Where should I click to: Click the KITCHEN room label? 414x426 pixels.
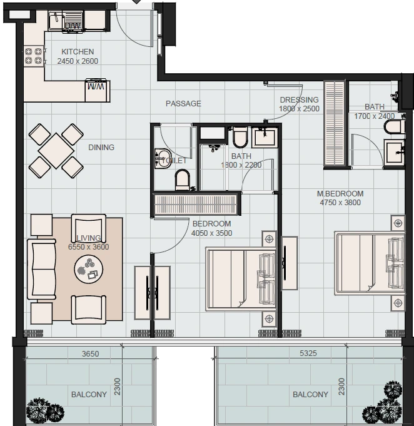point(78,52)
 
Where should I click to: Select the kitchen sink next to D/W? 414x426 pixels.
point(56,21)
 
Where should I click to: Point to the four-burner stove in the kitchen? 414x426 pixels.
point(34,56)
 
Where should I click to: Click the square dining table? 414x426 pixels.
point(56,151)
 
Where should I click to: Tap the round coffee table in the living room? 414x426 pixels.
point(89,269)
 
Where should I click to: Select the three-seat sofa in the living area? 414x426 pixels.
point(41,269)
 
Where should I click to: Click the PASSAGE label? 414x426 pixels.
point(183,103)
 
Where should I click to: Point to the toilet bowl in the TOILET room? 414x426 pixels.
point(182,180)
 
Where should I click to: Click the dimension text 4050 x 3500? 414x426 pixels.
point(211,233)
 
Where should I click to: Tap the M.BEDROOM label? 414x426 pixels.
point(340,194)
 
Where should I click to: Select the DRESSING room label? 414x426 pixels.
point(299,99)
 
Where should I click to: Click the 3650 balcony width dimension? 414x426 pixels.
point(91,353)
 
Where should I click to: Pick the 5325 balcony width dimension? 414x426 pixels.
point(308,353)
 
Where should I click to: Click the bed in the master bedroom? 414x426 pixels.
point(370,263)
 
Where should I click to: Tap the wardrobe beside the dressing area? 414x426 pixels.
point(335,123)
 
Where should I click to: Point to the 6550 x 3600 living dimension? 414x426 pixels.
point(89,246)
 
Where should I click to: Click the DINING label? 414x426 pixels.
point(101,147)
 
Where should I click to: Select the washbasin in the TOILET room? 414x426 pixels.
point(162,159)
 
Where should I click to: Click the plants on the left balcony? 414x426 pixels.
point(45,410)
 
